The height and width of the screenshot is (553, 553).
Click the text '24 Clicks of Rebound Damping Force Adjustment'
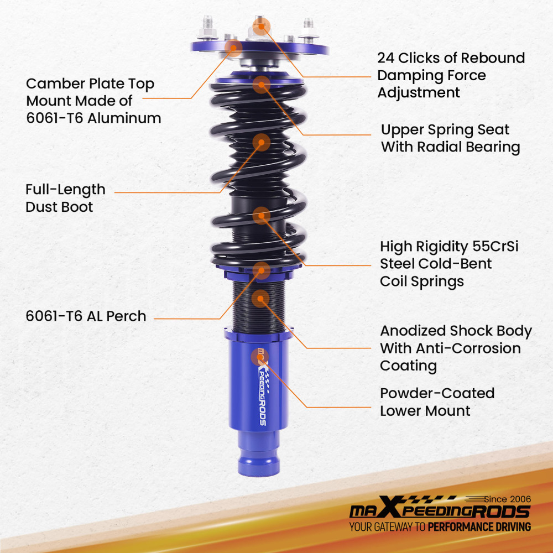click(x=451, y=75)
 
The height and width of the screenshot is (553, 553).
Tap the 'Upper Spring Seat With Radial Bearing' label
click(x=450, y=138)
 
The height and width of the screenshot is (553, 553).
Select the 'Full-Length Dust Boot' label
click(x=65, y=198)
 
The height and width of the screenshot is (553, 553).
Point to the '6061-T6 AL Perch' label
click(x=86, y=316)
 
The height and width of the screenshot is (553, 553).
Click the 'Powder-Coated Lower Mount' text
click(x=437, y=402)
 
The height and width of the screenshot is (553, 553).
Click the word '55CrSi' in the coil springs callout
click(x=497, y=246)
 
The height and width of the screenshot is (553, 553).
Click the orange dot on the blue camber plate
click(x=233, y=48)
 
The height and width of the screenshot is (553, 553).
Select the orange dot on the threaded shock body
click(x=259, y=299)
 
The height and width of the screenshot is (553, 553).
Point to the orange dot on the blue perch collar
click(x=262, y=270)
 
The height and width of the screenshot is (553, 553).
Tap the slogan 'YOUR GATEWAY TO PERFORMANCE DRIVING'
click(x=440, y=526)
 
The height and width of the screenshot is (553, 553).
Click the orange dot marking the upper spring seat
click(x=261, y=85)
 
